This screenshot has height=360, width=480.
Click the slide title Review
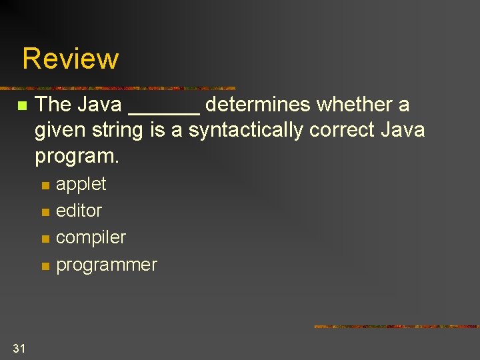pyautogui.click(x=70, y=59)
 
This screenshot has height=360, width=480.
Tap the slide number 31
pyautogui.click(x=19, y=347)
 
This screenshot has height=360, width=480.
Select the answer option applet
pyautogui.click(x=81, y=184)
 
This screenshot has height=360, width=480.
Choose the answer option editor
pyautogui.click(x=79, y=211)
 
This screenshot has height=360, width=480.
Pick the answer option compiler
pyautogui.click(x=91, y=238)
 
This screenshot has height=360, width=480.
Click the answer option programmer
pyautogui.click(x=107, y=265)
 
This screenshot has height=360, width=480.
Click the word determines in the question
pyautogui.click(x=258, y=105)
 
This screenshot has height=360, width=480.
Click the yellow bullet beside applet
pyautogui.click(x=45, y=185)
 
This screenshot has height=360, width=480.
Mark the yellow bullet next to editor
pyautogui.click(x=45, y=212)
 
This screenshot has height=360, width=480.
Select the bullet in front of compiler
pyautogui.click(x=45, y=239)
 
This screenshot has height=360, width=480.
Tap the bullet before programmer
pyautogui.click(x=45, y=266)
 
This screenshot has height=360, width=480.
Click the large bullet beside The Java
pyautogui.click(x=22, y=106)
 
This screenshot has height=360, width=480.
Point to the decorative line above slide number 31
pyautogui.click(x=396, y=327)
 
